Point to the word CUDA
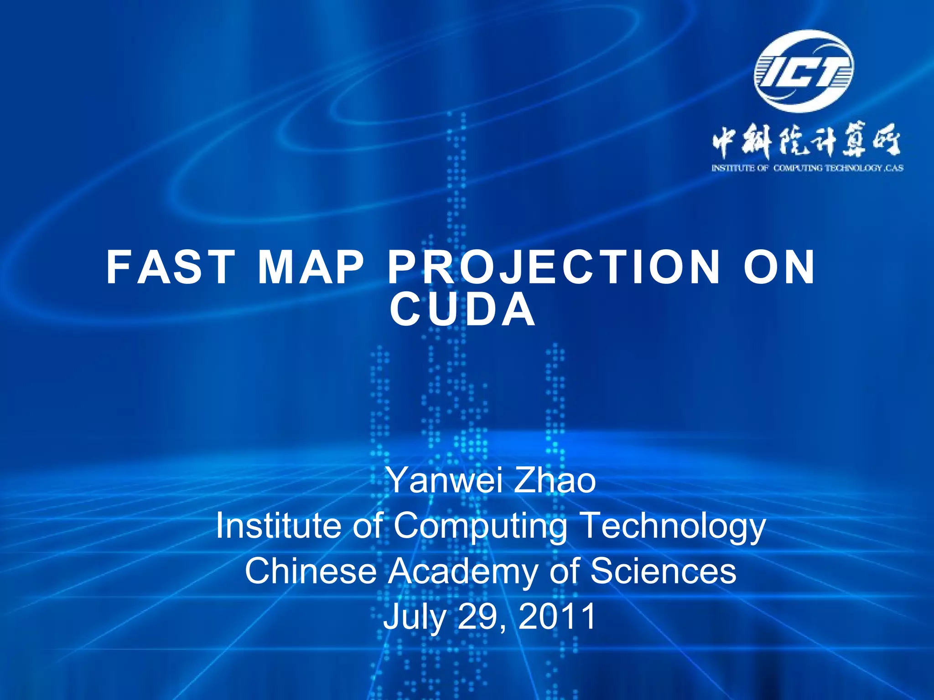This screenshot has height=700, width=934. coord(462,310)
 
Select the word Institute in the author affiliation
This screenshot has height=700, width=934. coord(279,525)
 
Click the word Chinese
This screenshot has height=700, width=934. coord(310,571)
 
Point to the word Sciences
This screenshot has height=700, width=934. coord(664,571)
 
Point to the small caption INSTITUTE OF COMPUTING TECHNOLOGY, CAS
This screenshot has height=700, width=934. coord(807,168)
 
